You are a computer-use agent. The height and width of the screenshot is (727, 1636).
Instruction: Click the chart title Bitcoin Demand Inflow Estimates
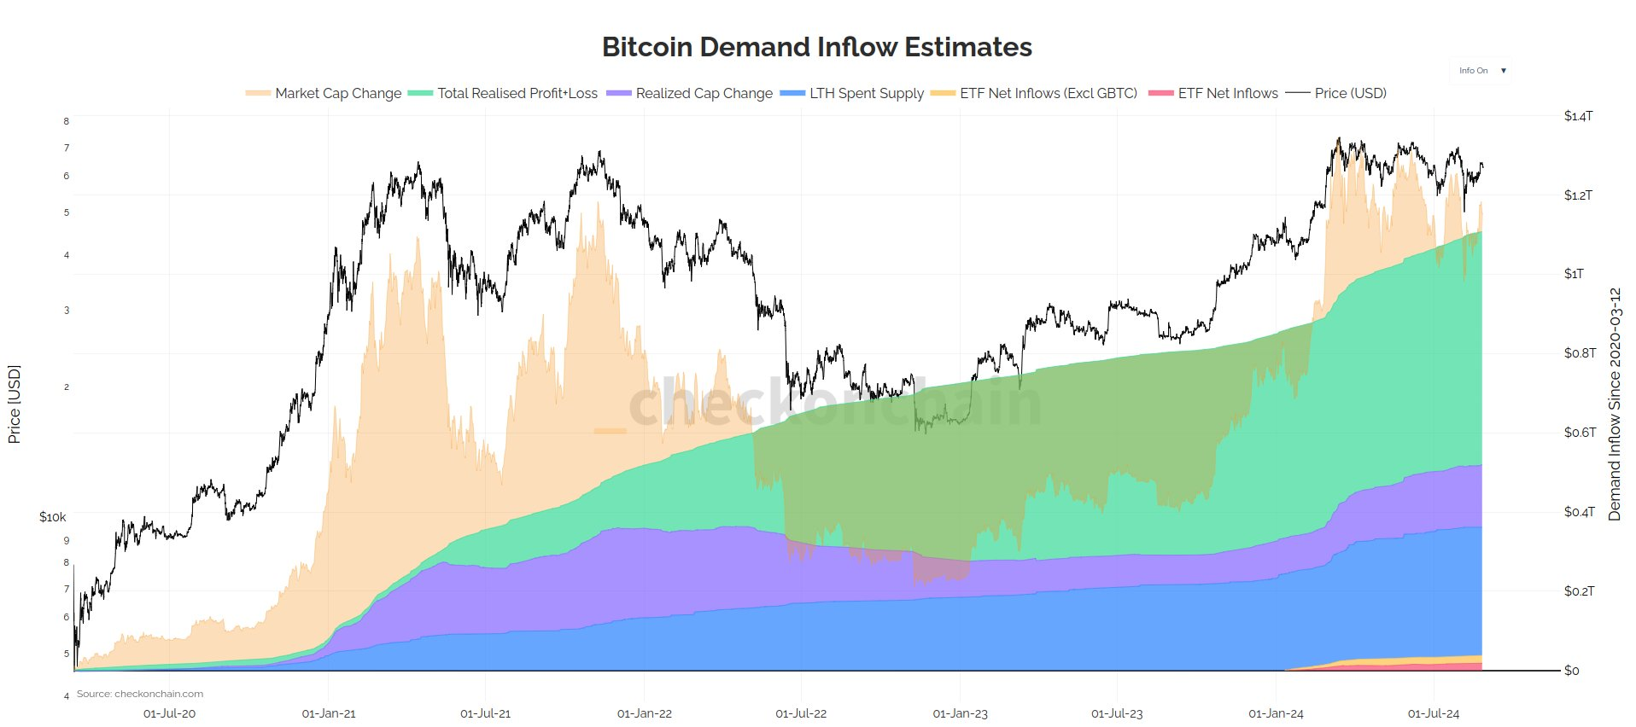coord(816,47)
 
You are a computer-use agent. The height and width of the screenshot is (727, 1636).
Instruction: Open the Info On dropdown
coord(1481,71)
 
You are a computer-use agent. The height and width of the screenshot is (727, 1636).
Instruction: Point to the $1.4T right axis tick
coord(1578,116)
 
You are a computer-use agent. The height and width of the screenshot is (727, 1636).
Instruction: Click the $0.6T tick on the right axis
coord(1580,433)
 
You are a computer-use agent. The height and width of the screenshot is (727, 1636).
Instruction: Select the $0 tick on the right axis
coord(1571,671)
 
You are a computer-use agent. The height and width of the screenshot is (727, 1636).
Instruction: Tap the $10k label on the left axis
coord(52,517)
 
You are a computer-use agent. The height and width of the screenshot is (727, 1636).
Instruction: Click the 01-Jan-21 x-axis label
coord(329,713)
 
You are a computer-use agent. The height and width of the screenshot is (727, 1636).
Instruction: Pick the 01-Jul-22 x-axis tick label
coord(801,713)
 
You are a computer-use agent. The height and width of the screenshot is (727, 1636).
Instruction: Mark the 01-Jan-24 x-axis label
coord(1276,713)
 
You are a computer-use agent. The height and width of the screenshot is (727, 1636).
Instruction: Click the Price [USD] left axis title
coord(14,404)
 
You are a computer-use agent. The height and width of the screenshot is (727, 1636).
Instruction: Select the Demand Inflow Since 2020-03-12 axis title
coord(1614,404)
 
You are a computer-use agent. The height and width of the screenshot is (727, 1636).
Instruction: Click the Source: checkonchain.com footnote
coord(140,694)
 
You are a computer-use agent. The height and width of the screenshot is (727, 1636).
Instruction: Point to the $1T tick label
coord(1574,274)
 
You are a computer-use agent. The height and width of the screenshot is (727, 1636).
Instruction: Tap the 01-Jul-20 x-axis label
coord(169,713)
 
